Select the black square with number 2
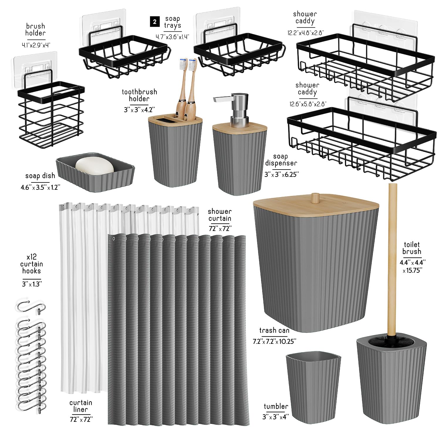click(155, 22)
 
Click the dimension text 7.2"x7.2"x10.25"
click(275, 341)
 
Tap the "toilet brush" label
click(412, 248)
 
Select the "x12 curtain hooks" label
click(31, 264)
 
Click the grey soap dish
click(96, 172)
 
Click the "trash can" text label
click(274, 330)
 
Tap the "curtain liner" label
click(81, 406)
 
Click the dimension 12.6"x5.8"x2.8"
click(308, 104)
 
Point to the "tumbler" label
click(276, 406)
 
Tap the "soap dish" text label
click(40, 176)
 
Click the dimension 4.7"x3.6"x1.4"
click(172, 37)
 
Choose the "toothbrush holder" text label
click(139, 95)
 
